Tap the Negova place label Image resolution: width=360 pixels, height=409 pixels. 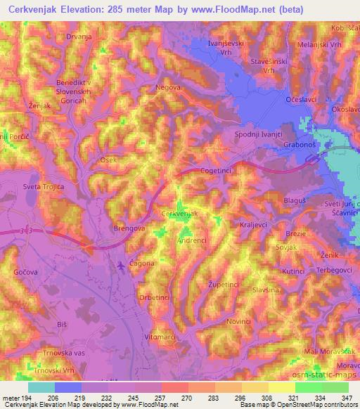click(167, 88)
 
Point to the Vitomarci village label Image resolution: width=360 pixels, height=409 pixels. click(159, 338)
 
